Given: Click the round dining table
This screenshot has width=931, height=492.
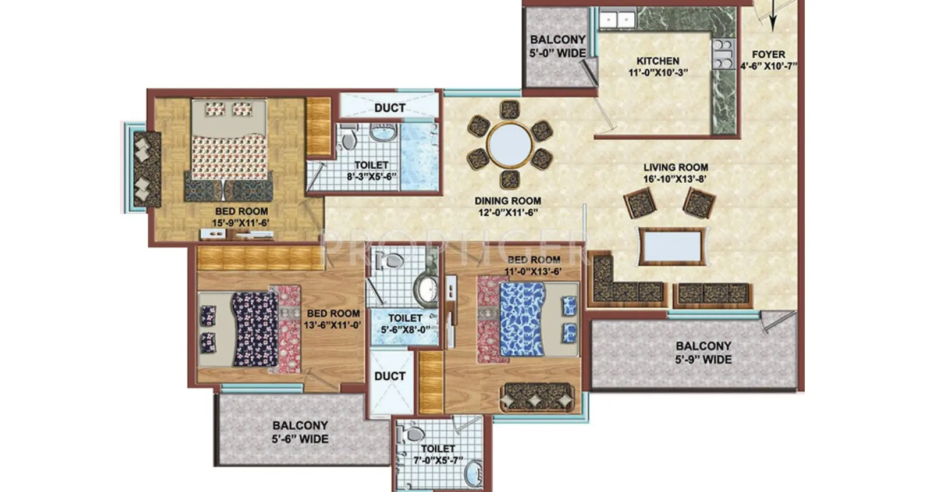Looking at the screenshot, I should coord(509,144).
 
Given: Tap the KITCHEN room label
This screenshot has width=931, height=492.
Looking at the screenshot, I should coord(658,60).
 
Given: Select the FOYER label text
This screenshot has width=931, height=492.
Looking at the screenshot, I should coord(768,55).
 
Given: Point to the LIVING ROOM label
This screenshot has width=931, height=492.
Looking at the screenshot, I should coord(676,167).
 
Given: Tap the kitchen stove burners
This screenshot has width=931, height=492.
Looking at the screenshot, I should coord(722,54).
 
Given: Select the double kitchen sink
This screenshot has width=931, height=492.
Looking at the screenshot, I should coord(616,20).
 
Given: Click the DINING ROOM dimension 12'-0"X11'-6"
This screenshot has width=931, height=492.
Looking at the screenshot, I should coord(507,213).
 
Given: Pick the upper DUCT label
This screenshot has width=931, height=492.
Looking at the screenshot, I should coord(390,108).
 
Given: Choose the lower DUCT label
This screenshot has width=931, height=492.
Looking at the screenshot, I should coord(390,376).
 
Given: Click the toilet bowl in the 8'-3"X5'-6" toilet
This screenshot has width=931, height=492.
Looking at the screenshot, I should coord(349,138).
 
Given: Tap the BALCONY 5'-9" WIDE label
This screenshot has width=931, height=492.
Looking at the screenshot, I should coord(703,352).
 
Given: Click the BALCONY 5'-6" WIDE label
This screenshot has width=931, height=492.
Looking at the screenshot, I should coord(300,432).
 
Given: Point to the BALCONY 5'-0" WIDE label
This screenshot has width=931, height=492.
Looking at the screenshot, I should coord(557,46).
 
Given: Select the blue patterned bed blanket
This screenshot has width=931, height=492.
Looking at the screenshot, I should coord(521,319).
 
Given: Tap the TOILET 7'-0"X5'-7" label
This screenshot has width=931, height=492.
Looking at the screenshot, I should coord(438,454).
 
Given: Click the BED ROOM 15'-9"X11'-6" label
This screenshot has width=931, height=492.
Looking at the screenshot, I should coord(241,217).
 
